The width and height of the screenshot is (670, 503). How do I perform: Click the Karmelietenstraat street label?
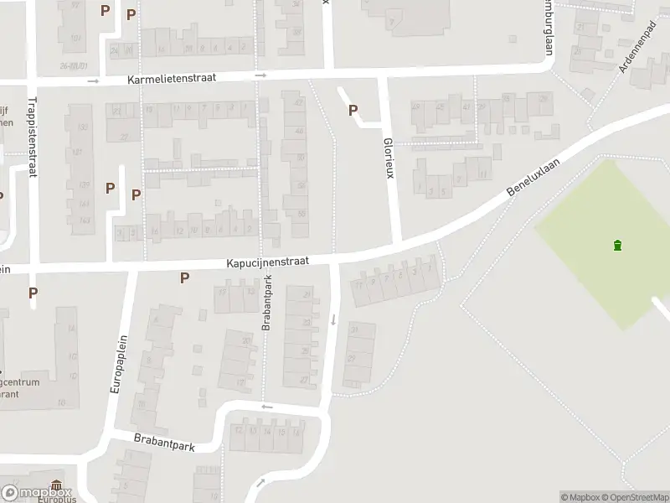[172, 77]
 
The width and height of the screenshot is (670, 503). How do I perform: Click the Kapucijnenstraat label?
[267, 262]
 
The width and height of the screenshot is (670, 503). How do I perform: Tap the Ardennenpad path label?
[636, 49]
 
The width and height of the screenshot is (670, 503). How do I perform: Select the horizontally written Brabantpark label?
[164, 441]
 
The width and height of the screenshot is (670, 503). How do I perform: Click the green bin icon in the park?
[617, 245]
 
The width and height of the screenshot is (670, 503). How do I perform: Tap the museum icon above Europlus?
[56, 486]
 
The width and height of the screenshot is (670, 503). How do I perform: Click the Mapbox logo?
[36, 493]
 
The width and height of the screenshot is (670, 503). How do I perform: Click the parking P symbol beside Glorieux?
[353, 110]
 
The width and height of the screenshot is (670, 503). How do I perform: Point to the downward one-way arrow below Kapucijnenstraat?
[334, 319]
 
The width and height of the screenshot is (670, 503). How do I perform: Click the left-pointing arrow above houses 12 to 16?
[266, 407]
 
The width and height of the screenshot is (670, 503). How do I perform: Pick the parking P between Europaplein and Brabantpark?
[184, 277]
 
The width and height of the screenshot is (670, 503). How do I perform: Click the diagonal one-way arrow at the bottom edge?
[261, 482]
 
